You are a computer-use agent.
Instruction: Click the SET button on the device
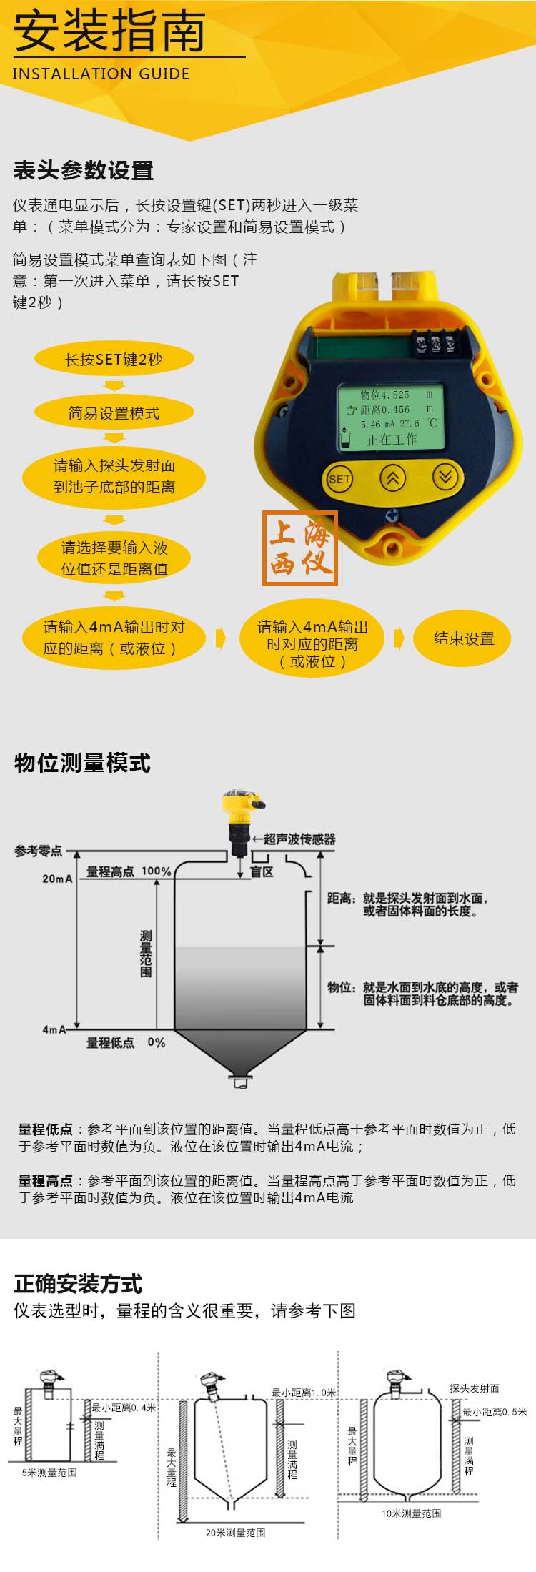339,478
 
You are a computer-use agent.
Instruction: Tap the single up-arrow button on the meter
392,478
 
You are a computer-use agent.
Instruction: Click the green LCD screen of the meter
391,417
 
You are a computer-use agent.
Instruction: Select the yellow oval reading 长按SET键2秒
114,360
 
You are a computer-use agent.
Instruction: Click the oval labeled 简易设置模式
114,413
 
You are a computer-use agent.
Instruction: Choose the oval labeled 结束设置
464,638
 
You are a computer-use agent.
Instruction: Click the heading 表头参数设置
84,171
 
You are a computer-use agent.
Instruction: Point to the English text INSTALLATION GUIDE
101,74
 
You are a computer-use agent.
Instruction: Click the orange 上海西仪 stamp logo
300,548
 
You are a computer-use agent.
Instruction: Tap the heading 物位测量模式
82,763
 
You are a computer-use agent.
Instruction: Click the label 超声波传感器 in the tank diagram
299,839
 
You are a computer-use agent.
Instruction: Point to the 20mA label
57,879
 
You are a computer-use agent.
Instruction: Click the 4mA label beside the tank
54,1029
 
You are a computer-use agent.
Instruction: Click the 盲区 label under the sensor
262,872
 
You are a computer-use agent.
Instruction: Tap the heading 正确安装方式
79,1284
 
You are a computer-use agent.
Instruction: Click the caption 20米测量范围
236,1533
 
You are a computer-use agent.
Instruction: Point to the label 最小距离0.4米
124,1407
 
